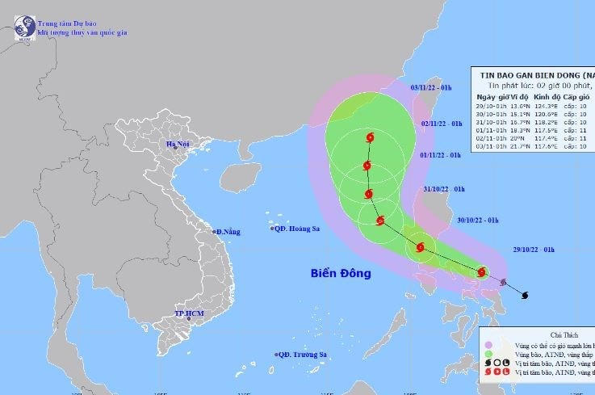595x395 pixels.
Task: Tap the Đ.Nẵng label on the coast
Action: click(229, 232)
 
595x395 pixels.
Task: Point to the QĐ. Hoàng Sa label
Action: click(297, 229)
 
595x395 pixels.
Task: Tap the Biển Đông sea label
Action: click(341, 274)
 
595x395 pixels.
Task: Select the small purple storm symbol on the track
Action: click(504, 283)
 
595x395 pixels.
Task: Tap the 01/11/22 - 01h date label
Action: click(442, 154)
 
